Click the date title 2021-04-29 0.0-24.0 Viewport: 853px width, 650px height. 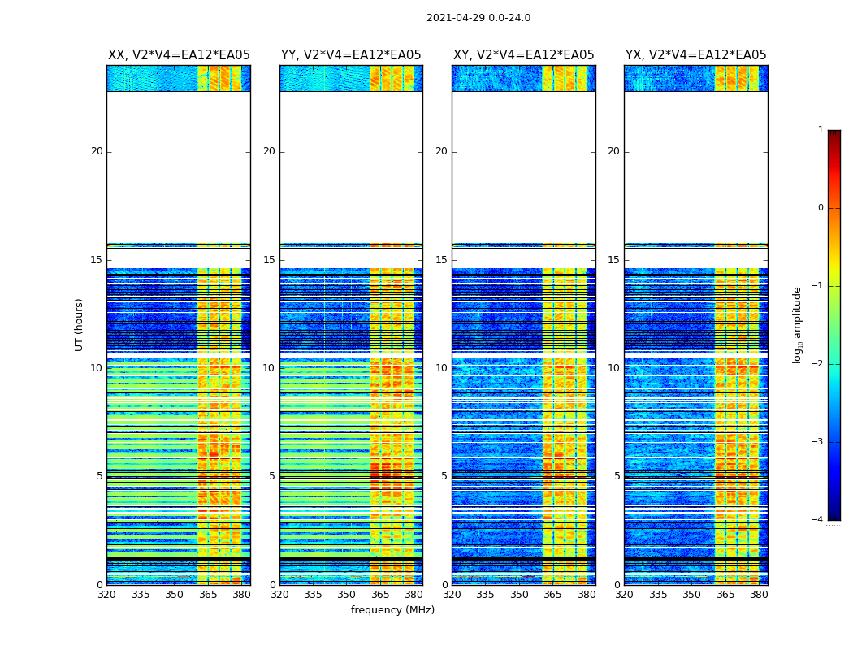[478, 18]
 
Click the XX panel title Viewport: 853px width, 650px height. [179, 55]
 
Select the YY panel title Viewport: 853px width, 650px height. [351, 55]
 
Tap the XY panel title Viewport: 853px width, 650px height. [524, 55]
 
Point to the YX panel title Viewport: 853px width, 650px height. [696, 55]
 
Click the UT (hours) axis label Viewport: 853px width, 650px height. [80, 324]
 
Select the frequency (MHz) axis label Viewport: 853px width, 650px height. [392, 610]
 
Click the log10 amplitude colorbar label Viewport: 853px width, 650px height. [798, 324]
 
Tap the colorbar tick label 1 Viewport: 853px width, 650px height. [821, 130]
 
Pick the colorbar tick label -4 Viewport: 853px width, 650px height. [818, 520]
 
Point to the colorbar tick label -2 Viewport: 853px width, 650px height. [818, 364]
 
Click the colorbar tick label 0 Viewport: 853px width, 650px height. [821, 208]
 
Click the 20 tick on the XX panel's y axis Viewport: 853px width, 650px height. [97, 151]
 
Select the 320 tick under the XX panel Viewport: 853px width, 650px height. [106, 595]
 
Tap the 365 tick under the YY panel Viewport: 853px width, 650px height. [380, 595]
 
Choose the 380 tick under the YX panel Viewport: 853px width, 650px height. [759, 595]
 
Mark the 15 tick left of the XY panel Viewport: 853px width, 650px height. [442, 260]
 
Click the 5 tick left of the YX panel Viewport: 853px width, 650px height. [617, 476]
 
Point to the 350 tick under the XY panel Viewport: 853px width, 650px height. [519, 595]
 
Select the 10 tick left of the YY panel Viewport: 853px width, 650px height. [269, 368]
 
